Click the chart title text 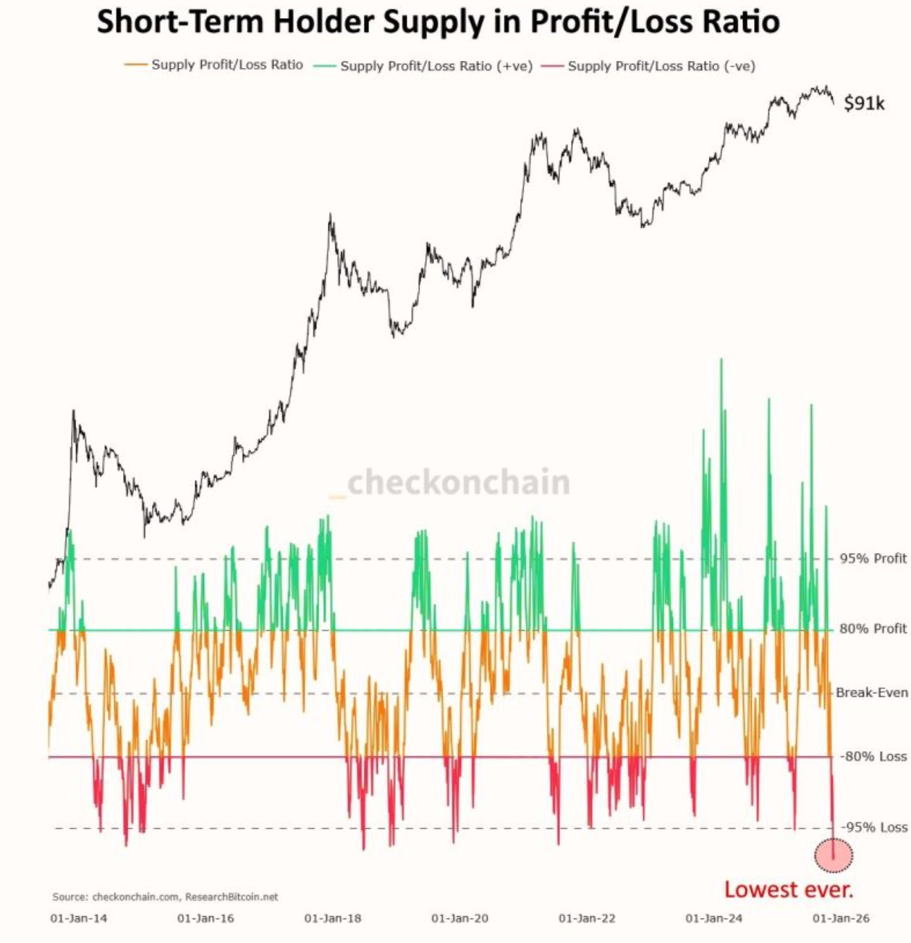(x=438, y=22)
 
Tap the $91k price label (x=864, y=103)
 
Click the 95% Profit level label (x=872, y=558)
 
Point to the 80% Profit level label (x=872, y=628)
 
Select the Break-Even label (x=871, y=693)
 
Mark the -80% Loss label (x=872, y=756)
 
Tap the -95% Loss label (x=873, y=827)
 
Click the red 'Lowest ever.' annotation (x=788, y=889)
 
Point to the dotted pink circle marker (x=834, y=855)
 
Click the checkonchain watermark (x=457, y=483)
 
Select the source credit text (x=165, y=897)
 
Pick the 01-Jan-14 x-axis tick (x=78, y=918)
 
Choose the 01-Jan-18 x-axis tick (x=332, y=918)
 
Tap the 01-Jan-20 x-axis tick (x=459, y=918)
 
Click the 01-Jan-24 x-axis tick (x=713, y=918)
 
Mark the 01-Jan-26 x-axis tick (x=841, y=918)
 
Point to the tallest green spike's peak (x=721, y=360)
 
